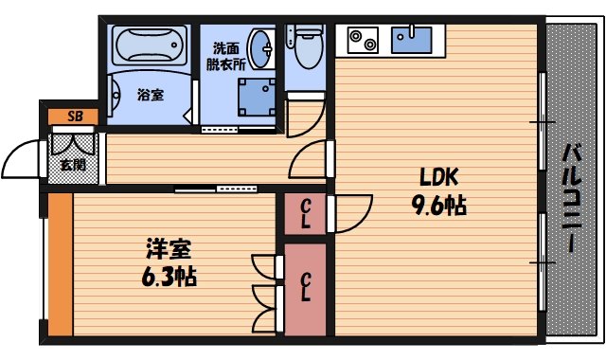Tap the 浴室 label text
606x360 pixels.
pos(150,95)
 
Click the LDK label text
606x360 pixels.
pos(439,177)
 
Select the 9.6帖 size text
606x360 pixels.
pos(438,205)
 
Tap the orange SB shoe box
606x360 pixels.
pos(73,117)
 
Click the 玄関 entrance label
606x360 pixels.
pos(72,164)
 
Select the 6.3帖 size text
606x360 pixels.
pos(169,279)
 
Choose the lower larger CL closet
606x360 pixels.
pos(305,286)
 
